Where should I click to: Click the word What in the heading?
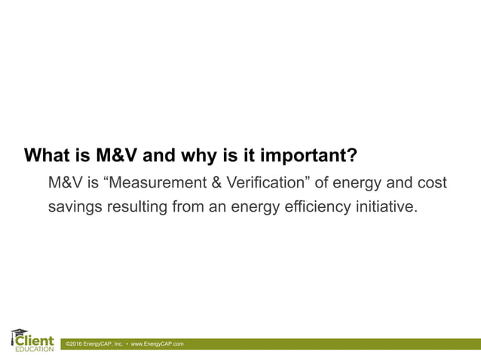click(x=49, y=157)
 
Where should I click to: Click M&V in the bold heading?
click(x=118, y=157)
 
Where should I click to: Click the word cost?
click(x=431, y=183)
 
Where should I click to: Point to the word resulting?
click(x=141, y=206)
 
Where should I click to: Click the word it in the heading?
click(x=249, y=157)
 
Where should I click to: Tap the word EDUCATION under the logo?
click(x=35, y=349)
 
